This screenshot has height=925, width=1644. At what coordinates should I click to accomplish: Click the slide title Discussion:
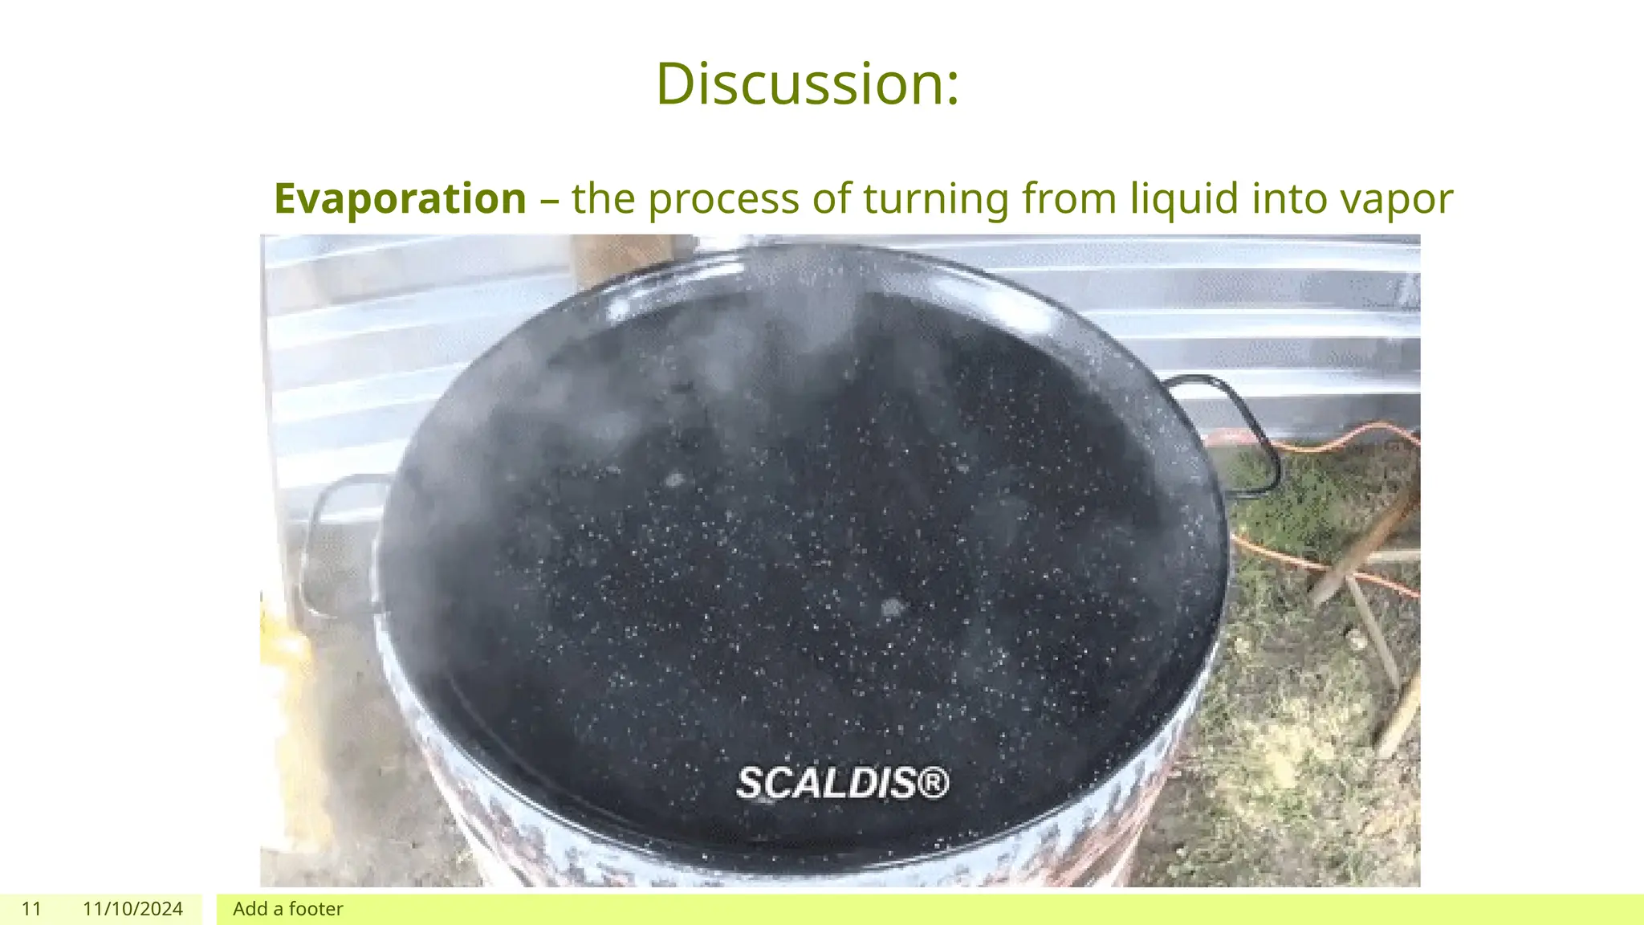[807, 84]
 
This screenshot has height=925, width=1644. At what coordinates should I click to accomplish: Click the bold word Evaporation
[400, 198]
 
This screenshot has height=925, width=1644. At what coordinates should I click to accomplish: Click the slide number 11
[31, 909]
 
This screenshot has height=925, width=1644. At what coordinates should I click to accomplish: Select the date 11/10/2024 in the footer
[132, 909]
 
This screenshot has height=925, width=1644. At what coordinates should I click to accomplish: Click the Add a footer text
[287, 909]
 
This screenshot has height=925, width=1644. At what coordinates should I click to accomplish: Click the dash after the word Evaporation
[549, 200]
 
